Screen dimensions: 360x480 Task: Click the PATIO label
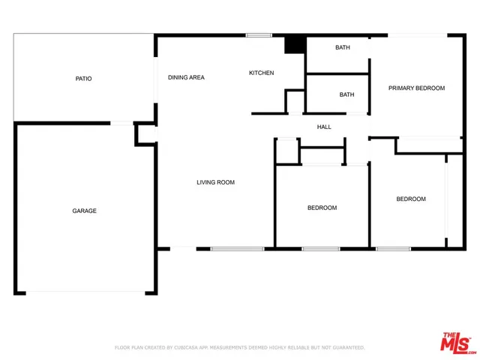[83, 79]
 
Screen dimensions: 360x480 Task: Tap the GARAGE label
[84, 211]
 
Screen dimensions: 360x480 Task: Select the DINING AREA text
[186, 77]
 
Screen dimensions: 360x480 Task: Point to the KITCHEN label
[261, 73]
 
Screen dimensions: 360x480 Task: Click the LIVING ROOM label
[216, 182]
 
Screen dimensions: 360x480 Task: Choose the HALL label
[324, 127]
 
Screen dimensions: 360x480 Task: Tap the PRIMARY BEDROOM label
[416, 88]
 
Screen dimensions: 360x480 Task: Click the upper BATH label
[343, 48]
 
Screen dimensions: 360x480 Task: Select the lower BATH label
[346, 94]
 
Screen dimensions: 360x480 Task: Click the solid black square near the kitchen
[294, 44]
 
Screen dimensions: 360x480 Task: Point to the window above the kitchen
[259, 35]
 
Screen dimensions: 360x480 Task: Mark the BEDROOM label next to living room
[322, 208]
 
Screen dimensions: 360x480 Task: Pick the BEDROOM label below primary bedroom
[411, 199]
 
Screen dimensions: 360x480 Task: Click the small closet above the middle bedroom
[322, 156]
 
